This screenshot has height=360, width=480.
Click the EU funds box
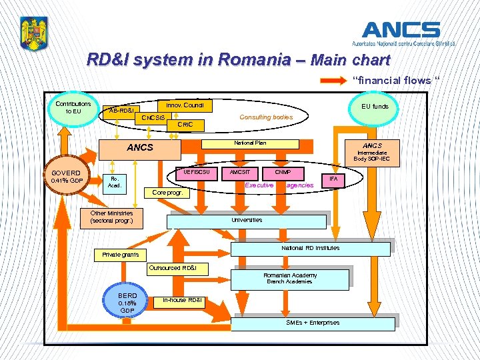click(x=375, y=106)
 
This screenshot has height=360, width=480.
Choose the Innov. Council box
click(x=185, y=105)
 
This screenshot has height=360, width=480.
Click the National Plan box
click(x=250, y=143)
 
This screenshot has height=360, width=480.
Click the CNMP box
click(x=283, y=172)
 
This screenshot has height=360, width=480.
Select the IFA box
click(x=333, y=179)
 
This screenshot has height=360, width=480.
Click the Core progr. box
click(x=167, y=193)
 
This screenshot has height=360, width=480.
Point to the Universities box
click(x=247, y=220)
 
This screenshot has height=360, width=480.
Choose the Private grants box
click(x=121, y=255)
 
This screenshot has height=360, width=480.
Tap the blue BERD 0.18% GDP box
click(x=127, y=303)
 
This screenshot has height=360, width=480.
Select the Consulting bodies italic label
click(x=265, y=117)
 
